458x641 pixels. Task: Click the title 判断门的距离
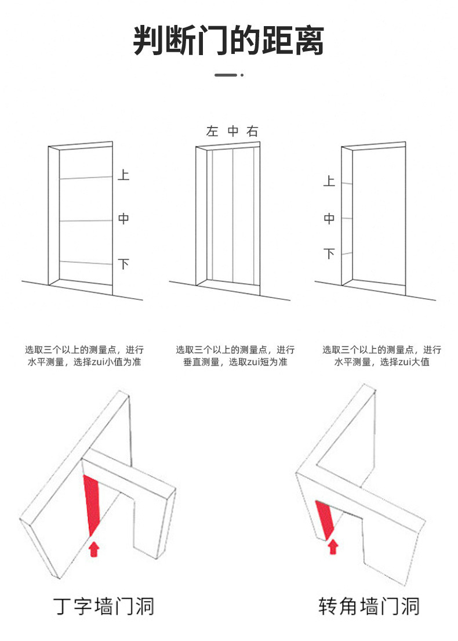(x=228, y=41)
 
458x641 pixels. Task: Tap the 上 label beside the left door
(x=123, y=174)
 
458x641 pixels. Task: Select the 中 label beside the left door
(x=123, y=219)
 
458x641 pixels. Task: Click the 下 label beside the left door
(x=123, y=265)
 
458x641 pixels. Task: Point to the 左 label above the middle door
(x=212, y=132)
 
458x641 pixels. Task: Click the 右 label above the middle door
(x=252, y=132)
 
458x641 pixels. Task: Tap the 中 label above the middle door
(x=232, y=132)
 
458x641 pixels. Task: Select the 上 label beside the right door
(x=329, y=182)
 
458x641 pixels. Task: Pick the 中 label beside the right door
(x=329, y=219)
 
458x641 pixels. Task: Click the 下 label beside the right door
(x=329, y=253)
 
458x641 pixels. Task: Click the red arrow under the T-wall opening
(x=93, y=548)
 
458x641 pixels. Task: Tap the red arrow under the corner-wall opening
(x=333, y=546)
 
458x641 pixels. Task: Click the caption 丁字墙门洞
(x=104, y=606)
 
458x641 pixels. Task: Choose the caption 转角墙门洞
(x=369, y=606)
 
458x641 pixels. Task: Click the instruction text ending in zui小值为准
(x=84, y=356)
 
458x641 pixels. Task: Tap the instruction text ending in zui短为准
(x=235, y=356)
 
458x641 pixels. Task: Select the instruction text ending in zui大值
(x=382, y=356)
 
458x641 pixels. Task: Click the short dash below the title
(x=226, y=75)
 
